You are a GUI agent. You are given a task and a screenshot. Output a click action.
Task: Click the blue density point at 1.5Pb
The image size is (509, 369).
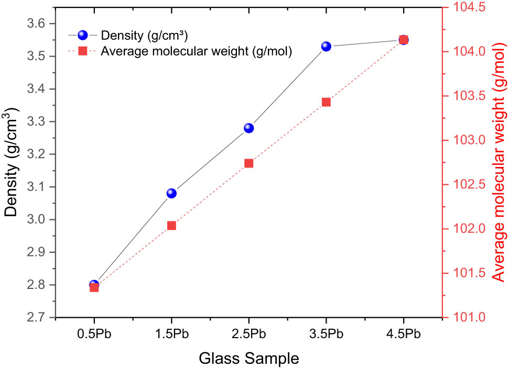[171, 193]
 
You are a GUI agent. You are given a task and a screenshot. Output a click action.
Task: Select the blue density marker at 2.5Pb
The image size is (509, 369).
[248, 128]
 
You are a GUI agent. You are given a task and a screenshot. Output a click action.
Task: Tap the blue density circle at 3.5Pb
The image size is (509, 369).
[326, 47]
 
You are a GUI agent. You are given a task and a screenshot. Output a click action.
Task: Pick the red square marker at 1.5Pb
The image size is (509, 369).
[171, 226]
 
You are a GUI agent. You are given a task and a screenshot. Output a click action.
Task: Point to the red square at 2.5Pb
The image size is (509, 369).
[248, 163]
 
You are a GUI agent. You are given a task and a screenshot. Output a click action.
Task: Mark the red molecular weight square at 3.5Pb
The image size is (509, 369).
[326, 102]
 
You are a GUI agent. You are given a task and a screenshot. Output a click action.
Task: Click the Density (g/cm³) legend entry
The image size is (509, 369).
[145, 36]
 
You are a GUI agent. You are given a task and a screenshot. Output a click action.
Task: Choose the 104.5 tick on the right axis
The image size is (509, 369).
[469, 7]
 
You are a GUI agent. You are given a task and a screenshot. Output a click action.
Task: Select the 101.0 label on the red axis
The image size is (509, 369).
[469, 318]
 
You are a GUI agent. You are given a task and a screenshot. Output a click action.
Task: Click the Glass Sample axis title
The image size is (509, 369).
[249, 359]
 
